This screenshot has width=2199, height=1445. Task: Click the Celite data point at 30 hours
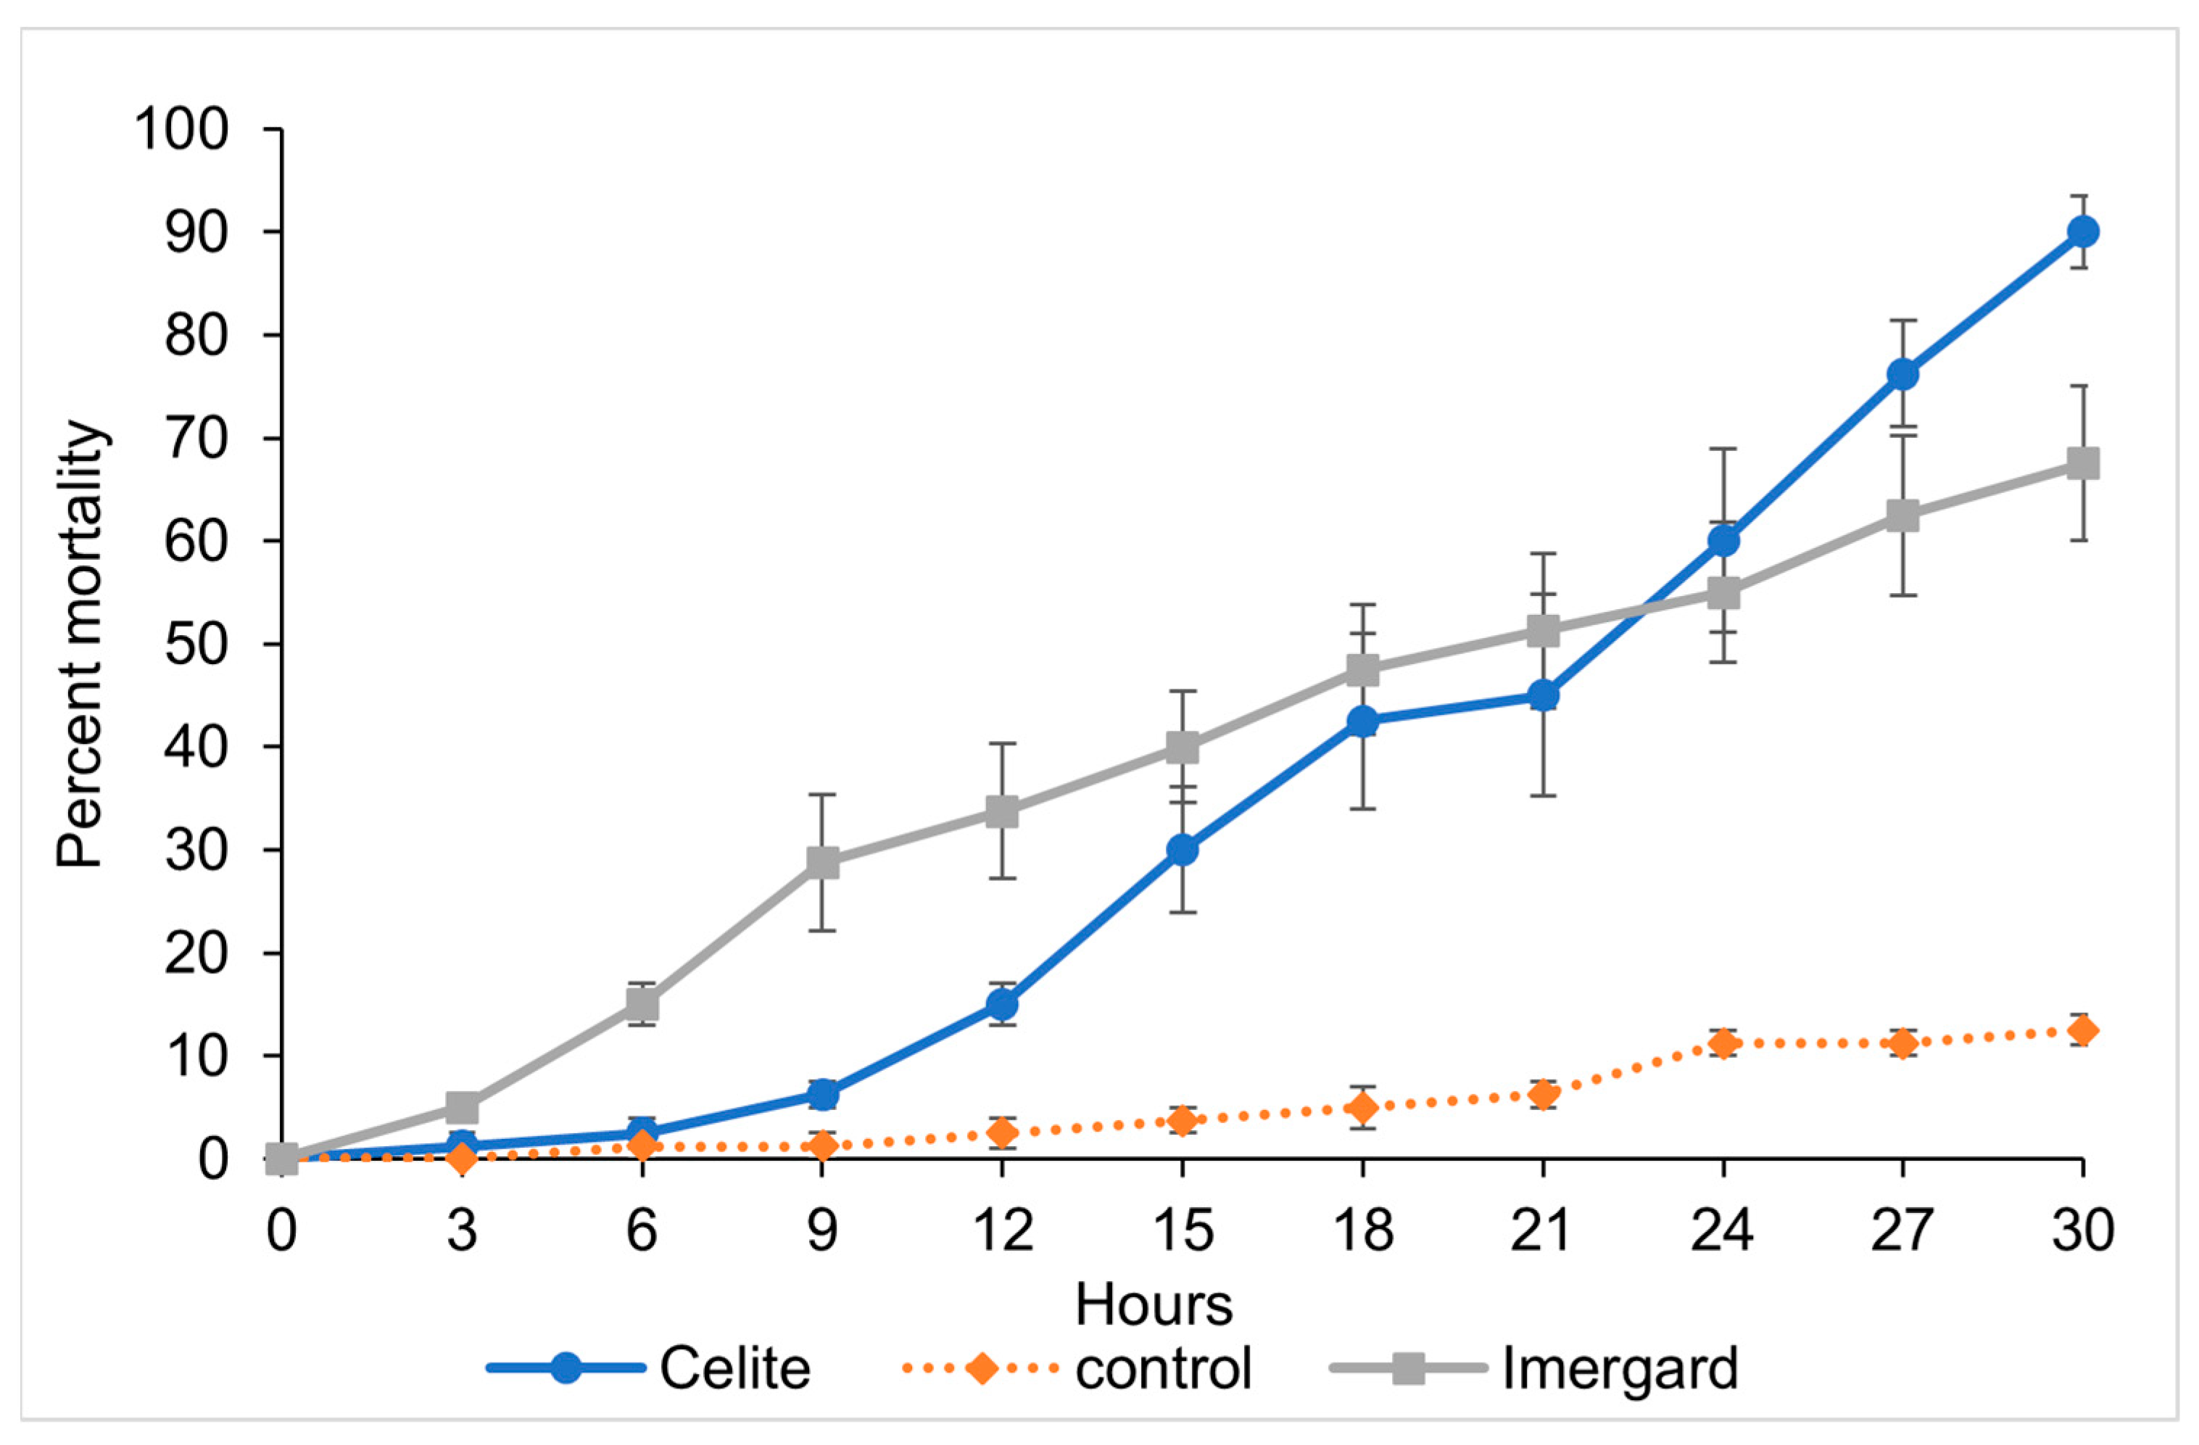tap(2082, 231)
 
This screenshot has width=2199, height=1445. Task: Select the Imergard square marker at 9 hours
tap(821, 862)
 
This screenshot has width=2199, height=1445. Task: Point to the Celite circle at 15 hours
tap(1182, 849)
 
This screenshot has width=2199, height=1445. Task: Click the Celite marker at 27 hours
tap(1902, 374)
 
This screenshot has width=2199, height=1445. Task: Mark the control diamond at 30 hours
tap(2082, 1030)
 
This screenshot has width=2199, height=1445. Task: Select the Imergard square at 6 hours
tap(642, 1003)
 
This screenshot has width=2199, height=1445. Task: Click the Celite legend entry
tap(734, 1368)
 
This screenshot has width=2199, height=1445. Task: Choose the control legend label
tap(1162, 1368)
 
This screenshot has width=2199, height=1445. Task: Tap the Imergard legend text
tap(1620, 1368)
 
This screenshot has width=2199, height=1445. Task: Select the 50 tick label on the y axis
tap(196, 644)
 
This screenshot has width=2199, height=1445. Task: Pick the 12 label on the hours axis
tap(1003, 1230)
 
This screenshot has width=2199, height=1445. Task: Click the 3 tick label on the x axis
tap(462, 1230)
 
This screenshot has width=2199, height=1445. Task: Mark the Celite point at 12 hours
tap(1003, 1003)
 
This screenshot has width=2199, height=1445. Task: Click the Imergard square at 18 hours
tap(1362, 670)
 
